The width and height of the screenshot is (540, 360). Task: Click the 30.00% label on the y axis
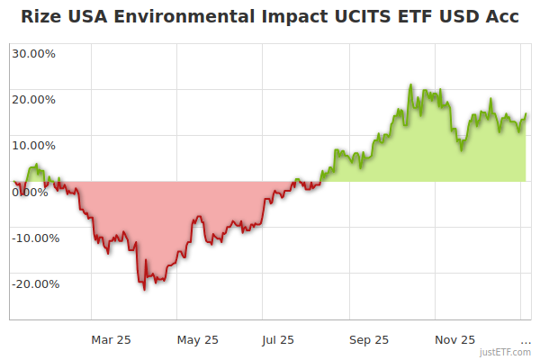pyautogui.click(x=33, y=53)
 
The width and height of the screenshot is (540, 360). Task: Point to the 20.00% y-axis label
pyautogui.click(x=33, y=99)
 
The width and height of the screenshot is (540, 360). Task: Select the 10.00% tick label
pyautogui.click(x=33, y=145)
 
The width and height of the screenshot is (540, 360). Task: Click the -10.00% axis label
pyautogui.click(x=35, y=238)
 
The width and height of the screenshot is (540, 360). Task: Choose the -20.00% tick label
pyautogui.click(x=35, y=283)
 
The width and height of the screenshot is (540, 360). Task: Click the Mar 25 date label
pyautogui.click(x=112, y=340)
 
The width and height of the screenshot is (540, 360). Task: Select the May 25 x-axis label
pyautogui.click(x=198, y=340)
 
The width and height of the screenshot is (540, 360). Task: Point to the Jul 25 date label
pyautogui.click(x=278, y=340)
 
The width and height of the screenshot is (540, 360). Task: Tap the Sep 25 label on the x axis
pyautogui.click(x=369, y=340)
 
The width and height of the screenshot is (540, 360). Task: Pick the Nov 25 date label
pyautogui.click(x=455, y=340)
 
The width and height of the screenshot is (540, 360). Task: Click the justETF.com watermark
pyautogui.click(x=505, y=352)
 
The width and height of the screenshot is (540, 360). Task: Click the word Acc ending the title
pyautogui.click(x=500, y=17)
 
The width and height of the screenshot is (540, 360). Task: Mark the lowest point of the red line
pyautogui.click(x=144, y=289)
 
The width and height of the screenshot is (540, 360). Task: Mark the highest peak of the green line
pyautogui.click(x=410, y=85)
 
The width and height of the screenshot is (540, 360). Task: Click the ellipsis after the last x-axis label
pyautogui.click(x=526, y=340)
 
